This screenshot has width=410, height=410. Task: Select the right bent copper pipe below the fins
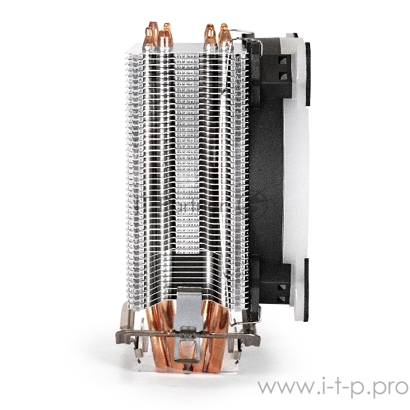[x=215, y=328]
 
